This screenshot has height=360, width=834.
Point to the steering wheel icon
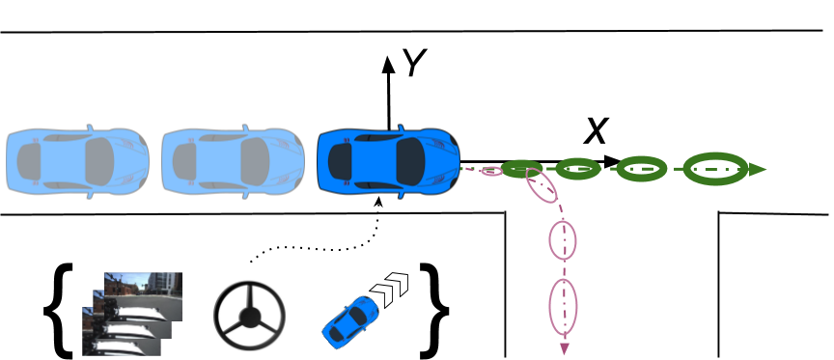250,315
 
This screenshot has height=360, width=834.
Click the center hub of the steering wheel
250,316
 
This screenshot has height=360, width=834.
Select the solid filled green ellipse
521,169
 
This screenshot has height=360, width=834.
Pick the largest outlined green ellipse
715,169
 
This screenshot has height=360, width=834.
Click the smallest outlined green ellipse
578,169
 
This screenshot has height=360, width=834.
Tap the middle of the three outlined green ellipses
641,169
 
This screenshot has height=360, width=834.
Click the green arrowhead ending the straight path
758,170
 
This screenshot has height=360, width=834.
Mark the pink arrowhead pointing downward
564,348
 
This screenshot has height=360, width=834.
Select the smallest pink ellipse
491,172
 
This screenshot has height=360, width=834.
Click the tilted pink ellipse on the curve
542,185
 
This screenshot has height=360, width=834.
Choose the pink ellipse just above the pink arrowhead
563,306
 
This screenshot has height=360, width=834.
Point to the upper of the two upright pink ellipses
563,239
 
